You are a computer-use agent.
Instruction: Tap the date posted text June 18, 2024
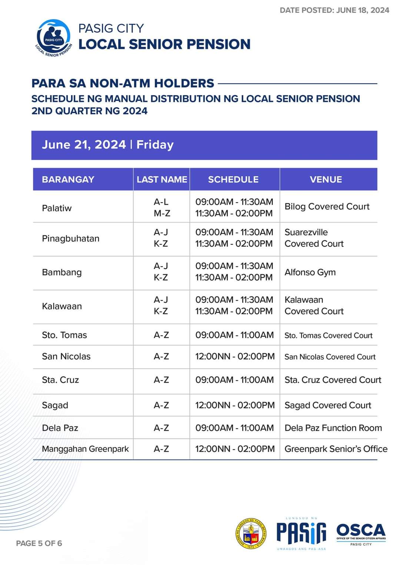click(334, 10)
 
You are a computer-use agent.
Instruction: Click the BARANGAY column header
click(68, 180)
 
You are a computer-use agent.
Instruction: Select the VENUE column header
click(326, 180)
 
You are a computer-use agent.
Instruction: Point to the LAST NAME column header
click(162, 180)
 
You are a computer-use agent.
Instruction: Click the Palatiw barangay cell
click(57, 208)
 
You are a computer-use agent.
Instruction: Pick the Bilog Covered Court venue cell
click(327, 207)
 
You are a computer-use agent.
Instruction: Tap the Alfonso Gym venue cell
click(310, 272)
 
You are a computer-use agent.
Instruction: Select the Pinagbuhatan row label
click(71, 239)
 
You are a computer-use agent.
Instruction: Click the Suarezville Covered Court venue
click(314, 238)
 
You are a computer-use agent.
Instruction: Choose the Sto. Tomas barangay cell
click(64, 335)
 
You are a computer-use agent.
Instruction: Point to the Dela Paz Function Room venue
click(333, 428)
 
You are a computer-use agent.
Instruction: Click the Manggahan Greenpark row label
click(85, 449)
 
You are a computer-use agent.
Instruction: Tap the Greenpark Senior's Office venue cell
click(336, 449)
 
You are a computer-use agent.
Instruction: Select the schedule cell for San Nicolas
click(235, 357)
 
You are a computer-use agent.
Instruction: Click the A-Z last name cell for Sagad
click(161, 405)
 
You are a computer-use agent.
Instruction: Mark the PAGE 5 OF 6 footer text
click(39, 543)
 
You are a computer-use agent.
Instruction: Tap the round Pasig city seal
click(251, 533)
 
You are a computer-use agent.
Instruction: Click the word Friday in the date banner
click(155, 145)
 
